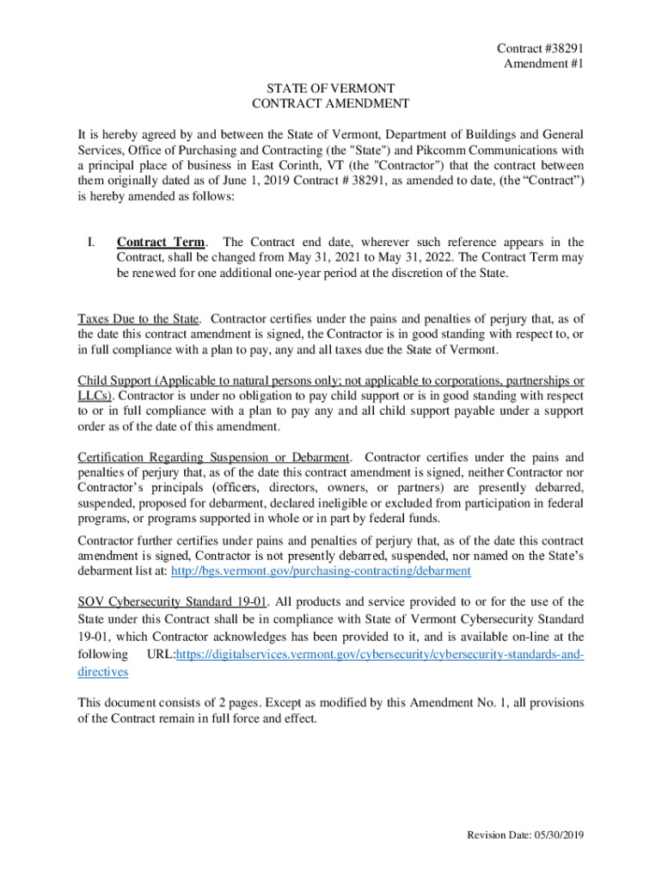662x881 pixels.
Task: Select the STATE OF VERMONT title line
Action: click(x=331, y=88)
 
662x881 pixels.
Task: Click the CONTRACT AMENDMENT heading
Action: click(x=331, y=103)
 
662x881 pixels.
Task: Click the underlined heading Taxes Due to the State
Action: click(x=138, y=319)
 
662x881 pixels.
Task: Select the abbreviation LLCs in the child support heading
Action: click(x=94, y=396)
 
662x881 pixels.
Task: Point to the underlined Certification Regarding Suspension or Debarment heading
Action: click(x=214, y=457)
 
